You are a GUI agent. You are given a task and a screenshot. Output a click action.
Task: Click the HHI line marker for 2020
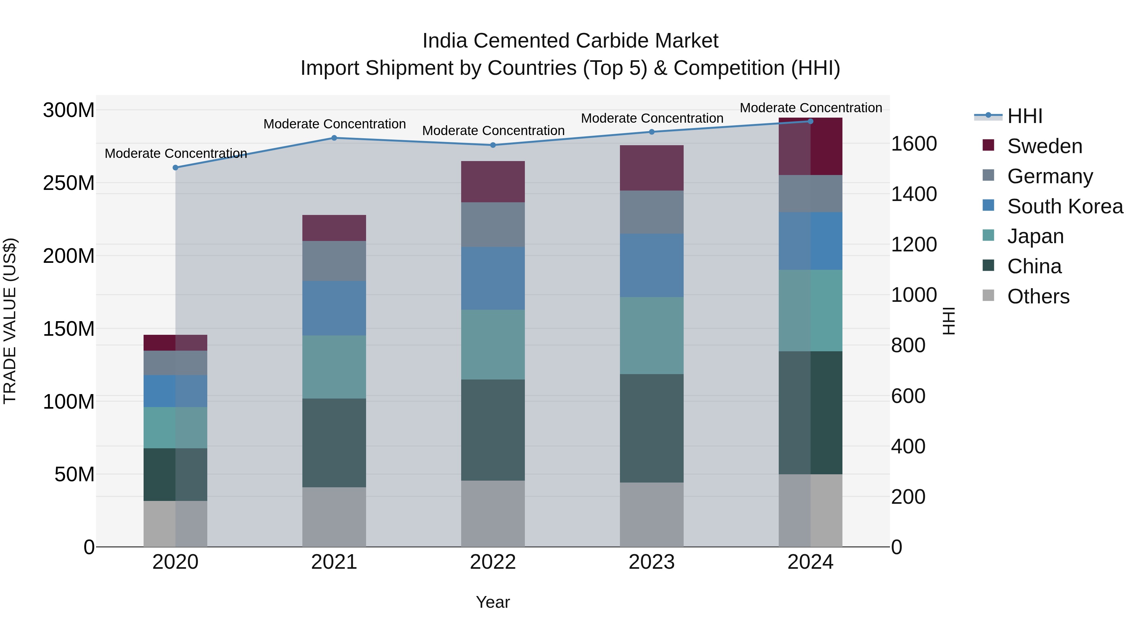tap(175, 167)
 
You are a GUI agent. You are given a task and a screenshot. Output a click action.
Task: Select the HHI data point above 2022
tap(493, 145)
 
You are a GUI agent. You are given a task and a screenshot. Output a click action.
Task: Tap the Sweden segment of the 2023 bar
tap(652, 168)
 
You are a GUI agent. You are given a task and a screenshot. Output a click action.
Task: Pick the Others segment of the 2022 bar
tap(493, 514)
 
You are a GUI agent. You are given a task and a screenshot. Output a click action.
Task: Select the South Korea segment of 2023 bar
tap(652, 265)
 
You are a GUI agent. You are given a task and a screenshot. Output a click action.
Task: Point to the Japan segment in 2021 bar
tap(334, 367)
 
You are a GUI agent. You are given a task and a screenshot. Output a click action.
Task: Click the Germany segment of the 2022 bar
tap(493, 225)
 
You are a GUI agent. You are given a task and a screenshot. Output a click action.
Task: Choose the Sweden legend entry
tap(1044, 146)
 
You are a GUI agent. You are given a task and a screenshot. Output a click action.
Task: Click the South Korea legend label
tap(1065, 206)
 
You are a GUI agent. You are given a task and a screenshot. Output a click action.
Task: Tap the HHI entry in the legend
tap(1024, 116)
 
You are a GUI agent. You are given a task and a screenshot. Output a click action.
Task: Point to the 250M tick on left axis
tap(69, 183)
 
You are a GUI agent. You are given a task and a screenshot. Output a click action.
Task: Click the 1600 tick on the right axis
tap(914, 144)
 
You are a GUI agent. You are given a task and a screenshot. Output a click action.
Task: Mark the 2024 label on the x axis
tap(810, 562)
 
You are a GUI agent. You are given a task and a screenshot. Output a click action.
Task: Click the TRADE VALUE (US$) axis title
tap(10, 321)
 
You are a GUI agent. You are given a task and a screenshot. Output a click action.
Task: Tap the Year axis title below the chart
tap(493, 602)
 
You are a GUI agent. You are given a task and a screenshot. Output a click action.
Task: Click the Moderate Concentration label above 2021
tap(334, 124)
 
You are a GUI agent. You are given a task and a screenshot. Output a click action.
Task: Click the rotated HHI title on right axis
tap(949, 321)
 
